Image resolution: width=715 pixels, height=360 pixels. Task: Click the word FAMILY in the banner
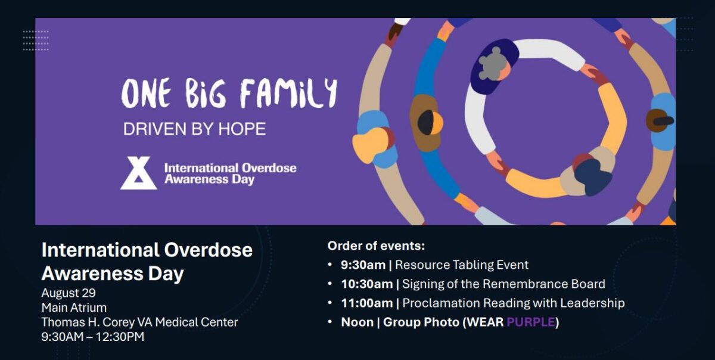[x=288, y=94]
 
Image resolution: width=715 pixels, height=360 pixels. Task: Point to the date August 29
[x=69, y=293]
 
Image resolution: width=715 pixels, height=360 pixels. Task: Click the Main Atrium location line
[x=74, y=308]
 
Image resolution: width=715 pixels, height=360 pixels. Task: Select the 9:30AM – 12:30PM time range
[x=92, y=337]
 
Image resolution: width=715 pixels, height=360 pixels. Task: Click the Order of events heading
[x=376, y=246]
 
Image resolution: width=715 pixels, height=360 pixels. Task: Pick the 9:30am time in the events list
[x=363, y=265]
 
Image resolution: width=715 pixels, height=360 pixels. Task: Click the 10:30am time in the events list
[x=366, y=284]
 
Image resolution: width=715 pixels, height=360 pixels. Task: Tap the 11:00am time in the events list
[x=366, y=303]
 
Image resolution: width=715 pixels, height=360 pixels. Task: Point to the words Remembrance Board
[x=548, y=284]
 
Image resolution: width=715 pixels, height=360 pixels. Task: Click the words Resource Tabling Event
[x=462, y=265]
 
